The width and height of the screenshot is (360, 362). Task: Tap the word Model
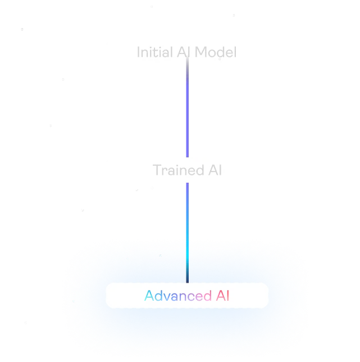pos(216,52)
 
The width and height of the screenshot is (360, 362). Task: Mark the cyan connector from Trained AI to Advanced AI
pos(186,230)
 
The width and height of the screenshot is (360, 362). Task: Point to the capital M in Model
pos(201,52)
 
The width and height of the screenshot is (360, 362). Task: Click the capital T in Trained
pos(157,170)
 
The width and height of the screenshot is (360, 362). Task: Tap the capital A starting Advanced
pos(149,296)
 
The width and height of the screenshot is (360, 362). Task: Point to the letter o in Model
pos(212,53)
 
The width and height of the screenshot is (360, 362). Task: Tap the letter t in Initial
pos(151,52)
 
